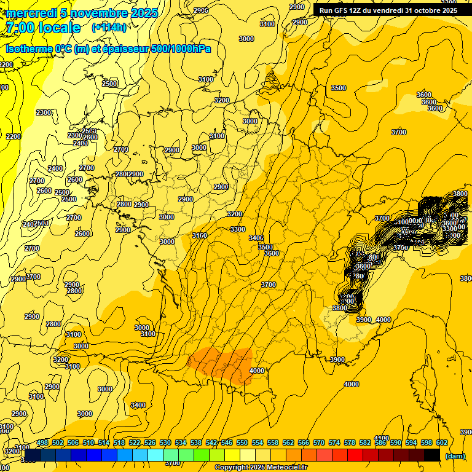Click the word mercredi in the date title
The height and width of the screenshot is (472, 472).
[30, 13]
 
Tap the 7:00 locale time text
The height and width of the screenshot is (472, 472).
[44, 28]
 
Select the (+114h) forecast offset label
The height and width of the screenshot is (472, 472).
[109, 28]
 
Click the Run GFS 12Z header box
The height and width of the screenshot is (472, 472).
[388, 10]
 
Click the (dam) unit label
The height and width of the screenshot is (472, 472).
[455, 456]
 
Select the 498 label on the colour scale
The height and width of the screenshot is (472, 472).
[42, 442]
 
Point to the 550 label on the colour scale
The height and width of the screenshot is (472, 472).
[242, 442]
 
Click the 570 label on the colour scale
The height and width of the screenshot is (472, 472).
[319, 442]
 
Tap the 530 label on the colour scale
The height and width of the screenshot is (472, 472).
[165, 442]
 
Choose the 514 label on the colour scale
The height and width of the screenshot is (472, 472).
[104, 442]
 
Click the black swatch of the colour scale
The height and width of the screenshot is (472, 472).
[432, 455]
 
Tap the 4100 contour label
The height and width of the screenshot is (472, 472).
[382, 438]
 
